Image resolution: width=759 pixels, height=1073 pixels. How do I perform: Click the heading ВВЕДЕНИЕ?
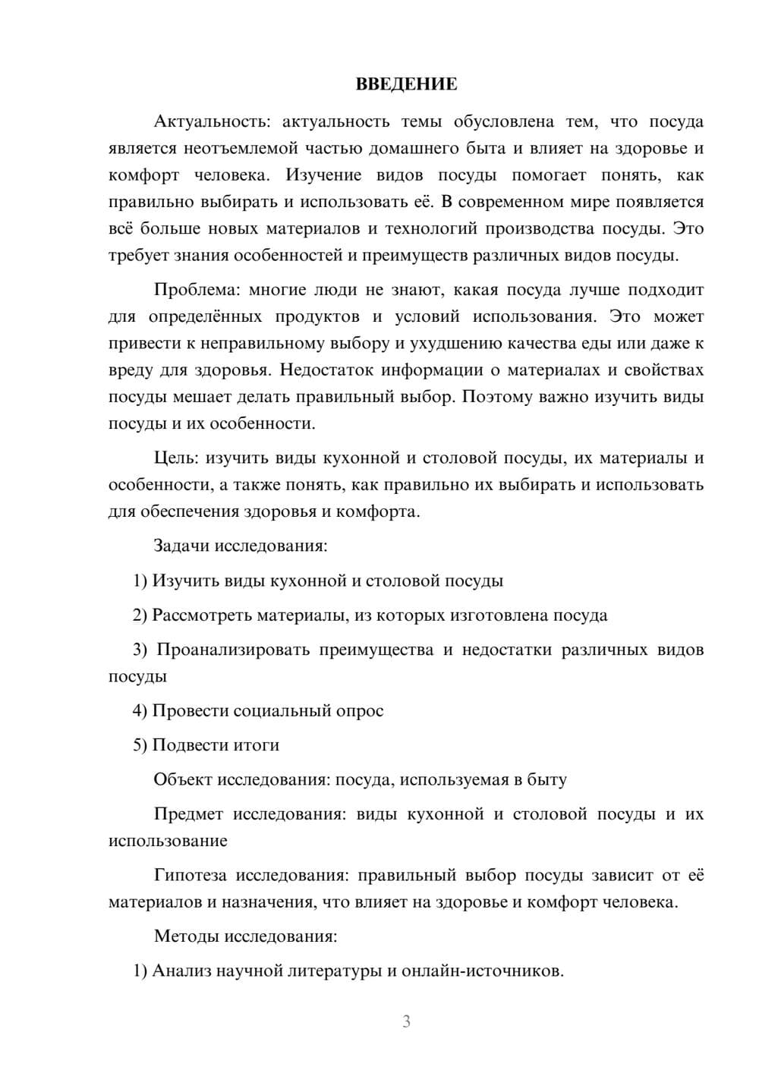point(406,84)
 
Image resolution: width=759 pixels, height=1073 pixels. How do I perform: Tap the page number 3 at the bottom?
point(406,1021)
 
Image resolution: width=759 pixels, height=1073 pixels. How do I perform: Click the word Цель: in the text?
point(175,458)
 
